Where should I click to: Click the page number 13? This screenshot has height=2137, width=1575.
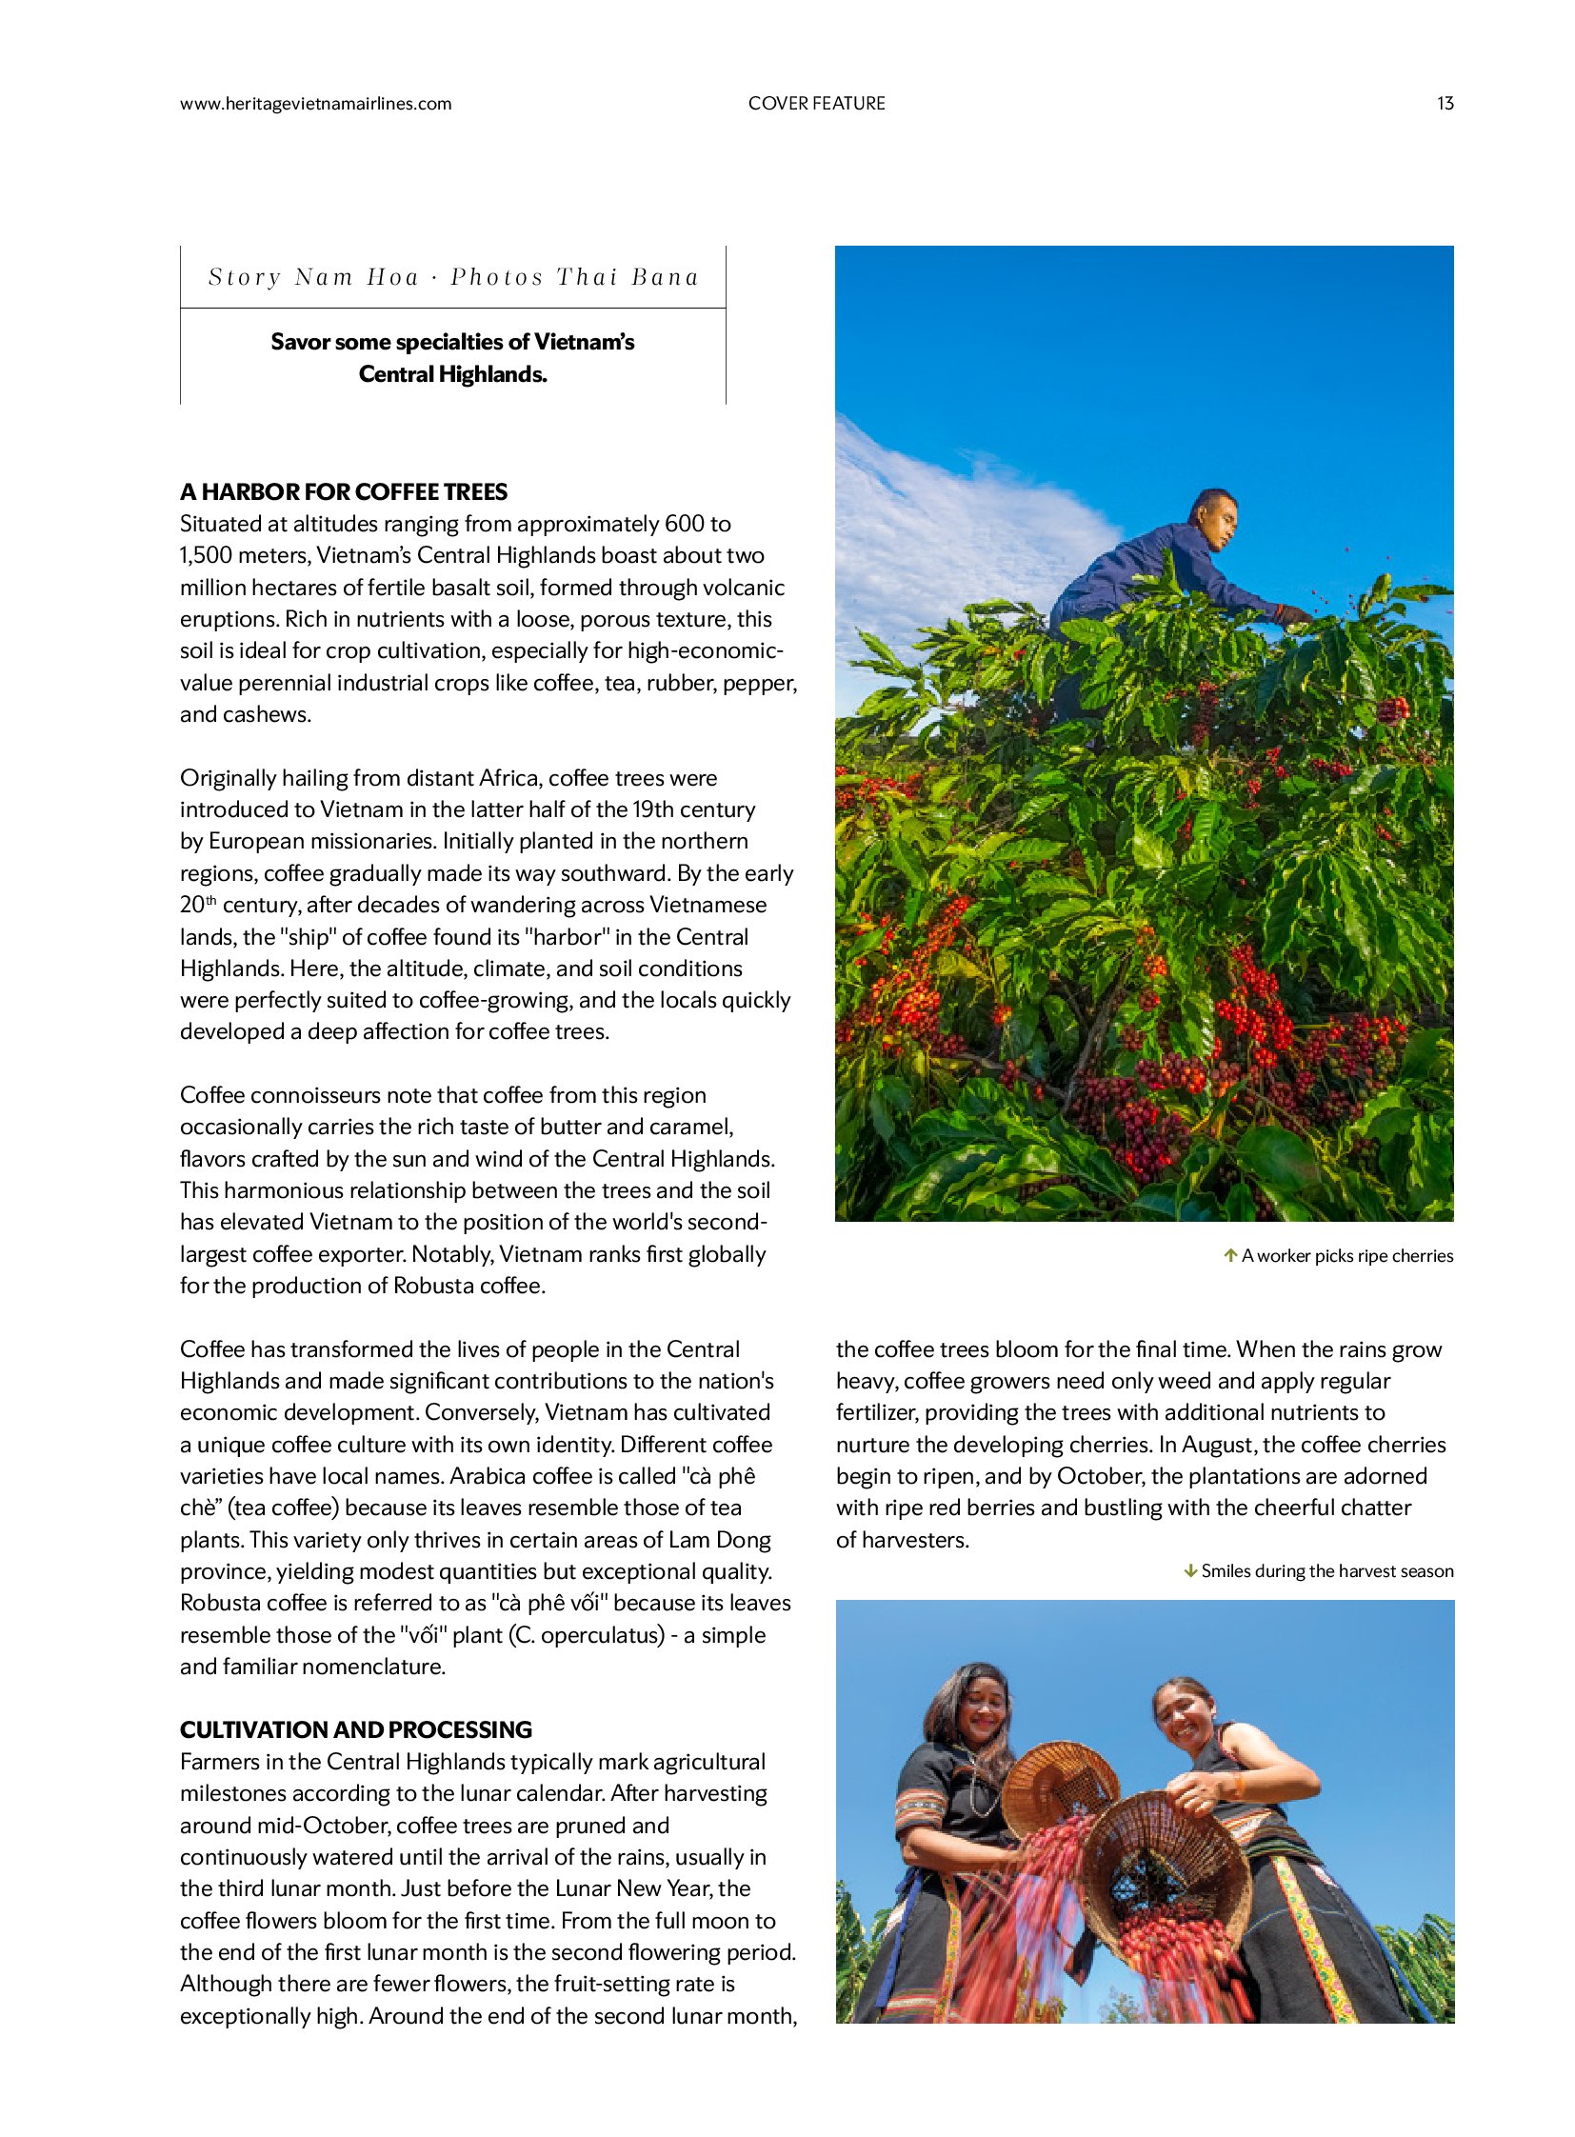(1445, 103)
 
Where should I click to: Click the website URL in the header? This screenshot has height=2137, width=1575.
(315, 103)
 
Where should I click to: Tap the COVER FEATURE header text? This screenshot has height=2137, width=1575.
(816, 103)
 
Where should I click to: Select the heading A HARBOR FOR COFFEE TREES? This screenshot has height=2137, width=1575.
(343, 492)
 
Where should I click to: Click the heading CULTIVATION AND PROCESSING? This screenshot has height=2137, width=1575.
(355, 1728)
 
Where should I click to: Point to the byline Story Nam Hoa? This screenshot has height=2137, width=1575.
(313, 277)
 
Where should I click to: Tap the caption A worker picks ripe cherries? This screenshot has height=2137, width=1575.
(1346, 1256)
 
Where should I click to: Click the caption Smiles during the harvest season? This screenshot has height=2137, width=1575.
(1326, 1570)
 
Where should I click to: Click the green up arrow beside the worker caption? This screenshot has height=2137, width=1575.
(1230, 1255)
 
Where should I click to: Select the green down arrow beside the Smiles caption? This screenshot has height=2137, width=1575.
(1190, 1570)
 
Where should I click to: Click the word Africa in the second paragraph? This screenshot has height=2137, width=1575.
(509, 778)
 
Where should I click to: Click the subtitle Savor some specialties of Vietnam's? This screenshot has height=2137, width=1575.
(452, 341)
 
